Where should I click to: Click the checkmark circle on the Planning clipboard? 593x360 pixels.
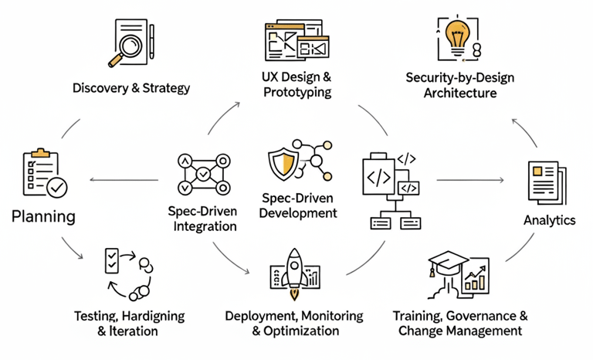56,187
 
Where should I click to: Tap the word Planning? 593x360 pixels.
44,216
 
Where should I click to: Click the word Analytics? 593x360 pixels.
550,220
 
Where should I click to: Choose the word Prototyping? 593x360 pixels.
296,93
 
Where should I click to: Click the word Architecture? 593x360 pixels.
460,93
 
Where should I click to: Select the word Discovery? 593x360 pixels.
100,88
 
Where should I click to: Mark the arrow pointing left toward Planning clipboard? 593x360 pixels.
124,180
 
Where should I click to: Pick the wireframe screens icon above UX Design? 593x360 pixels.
296,41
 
